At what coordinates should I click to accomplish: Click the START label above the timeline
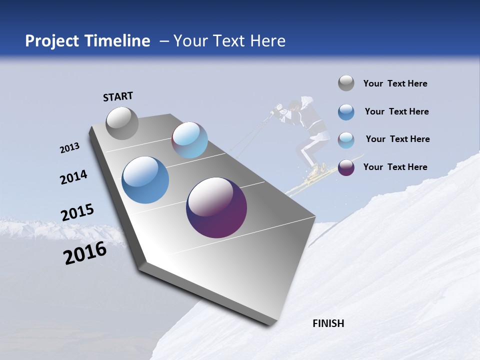point(118,96)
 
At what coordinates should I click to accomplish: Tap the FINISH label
point(328,323)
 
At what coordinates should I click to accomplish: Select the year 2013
point(69,148)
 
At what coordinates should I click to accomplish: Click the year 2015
point(77,212)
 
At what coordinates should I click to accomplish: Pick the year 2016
point(85,252)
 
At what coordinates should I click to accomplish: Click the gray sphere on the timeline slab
point(122,123)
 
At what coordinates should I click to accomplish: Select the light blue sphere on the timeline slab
point(189,140)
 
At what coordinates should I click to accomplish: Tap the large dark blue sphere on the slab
point(145,180)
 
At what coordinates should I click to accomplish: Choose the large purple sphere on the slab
point(216,207)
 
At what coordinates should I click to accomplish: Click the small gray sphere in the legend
point(346,83)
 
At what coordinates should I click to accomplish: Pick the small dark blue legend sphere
point(346,112)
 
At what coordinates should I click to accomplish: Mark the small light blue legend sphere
point(346,140)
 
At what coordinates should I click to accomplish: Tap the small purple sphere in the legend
point(346,167)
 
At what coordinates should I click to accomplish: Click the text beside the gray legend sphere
point(395,83)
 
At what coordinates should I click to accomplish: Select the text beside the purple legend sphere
point(395,167)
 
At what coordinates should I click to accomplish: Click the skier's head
point(294,105)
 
